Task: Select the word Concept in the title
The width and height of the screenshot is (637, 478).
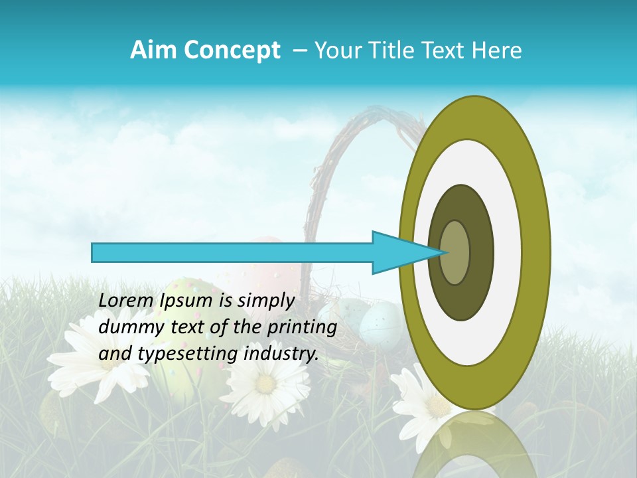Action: (x=232, y=51)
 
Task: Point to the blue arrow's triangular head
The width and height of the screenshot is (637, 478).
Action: (x=398, y=252)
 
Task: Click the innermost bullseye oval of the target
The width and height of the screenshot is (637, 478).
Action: (x=455, y=252)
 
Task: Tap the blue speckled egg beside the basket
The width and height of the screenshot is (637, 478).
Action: (x=381, y=323)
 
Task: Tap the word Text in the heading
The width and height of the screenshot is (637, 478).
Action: (x=449, y=50)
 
